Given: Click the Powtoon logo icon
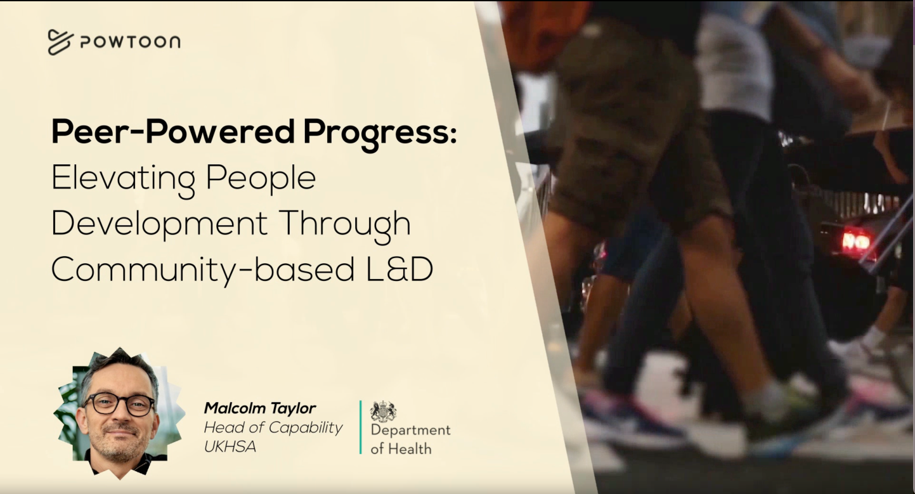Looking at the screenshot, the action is pos(61,42).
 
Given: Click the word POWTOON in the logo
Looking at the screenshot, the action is pos(130,42).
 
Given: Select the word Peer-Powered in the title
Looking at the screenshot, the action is pos(172,131).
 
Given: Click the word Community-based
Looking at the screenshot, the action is pos(203,270).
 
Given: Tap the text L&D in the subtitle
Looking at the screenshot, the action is pos(400,269).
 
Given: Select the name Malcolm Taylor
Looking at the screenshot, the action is pos(260,408).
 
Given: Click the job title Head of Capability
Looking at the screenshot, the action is pos(273,428).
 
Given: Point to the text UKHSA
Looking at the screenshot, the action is pos(230,446).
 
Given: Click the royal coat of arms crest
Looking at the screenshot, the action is pos(383,411).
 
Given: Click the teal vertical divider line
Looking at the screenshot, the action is pos(361,427).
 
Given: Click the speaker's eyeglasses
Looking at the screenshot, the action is pos(119,404).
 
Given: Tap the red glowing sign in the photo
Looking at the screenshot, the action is pos(856,242).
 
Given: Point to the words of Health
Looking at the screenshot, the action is pos(401,449).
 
